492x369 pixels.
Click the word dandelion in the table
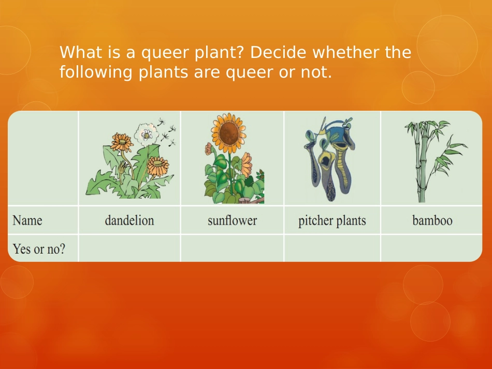click(x=129, y=220)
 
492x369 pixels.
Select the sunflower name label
click(x=232, y=220)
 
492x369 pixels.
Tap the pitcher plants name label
click(x=332, y=220)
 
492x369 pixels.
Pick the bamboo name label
click(x=432, y=220)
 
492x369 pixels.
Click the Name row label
click(x=27, y=220)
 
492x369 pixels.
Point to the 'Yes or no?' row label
click(x=39, y=249)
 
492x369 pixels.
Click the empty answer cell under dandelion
click(x=129, y=248)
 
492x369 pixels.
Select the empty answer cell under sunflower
click(x=232, y=248)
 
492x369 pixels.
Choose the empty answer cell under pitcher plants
click(x=332, y=248)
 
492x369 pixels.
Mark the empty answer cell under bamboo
click(x=431, y=248)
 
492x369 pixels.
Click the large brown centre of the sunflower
click(x=229, y=132)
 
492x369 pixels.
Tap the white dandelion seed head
click(x=146, y=135)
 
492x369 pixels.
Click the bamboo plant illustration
click(x=435, y=161)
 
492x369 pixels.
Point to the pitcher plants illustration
click(x=329, y=159)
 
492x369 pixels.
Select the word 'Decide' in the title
click(x=278, y=52)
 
